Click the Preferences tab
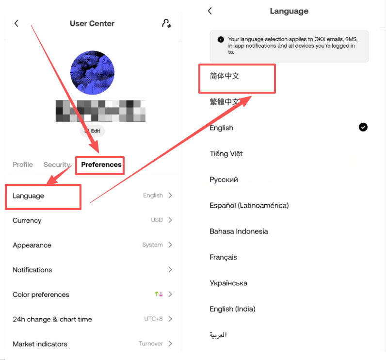(101, 164)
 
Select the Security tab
(57, 164)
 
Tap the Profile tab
(23, 164)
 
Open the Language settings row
(29, 196)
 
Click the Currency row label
(27, 220)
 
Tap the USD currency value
(157, 220)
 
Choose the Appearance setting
(32, 245)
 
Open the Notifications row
(32, 270)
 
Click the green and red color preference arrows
(159, 295)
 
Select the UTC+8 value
(153, 319)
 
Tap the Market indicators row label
(40, 344)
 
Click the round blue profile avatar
(93, 73)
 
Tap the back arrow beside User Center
(16, 23)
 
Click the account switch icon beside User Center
(166, 23)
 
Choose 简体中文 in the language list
(225, 76)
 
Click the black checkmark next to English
(363, 127)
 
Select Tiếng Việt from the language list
(226, 154)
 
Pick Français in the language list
(224, 257)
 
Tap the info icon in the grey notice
(221, 39)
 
